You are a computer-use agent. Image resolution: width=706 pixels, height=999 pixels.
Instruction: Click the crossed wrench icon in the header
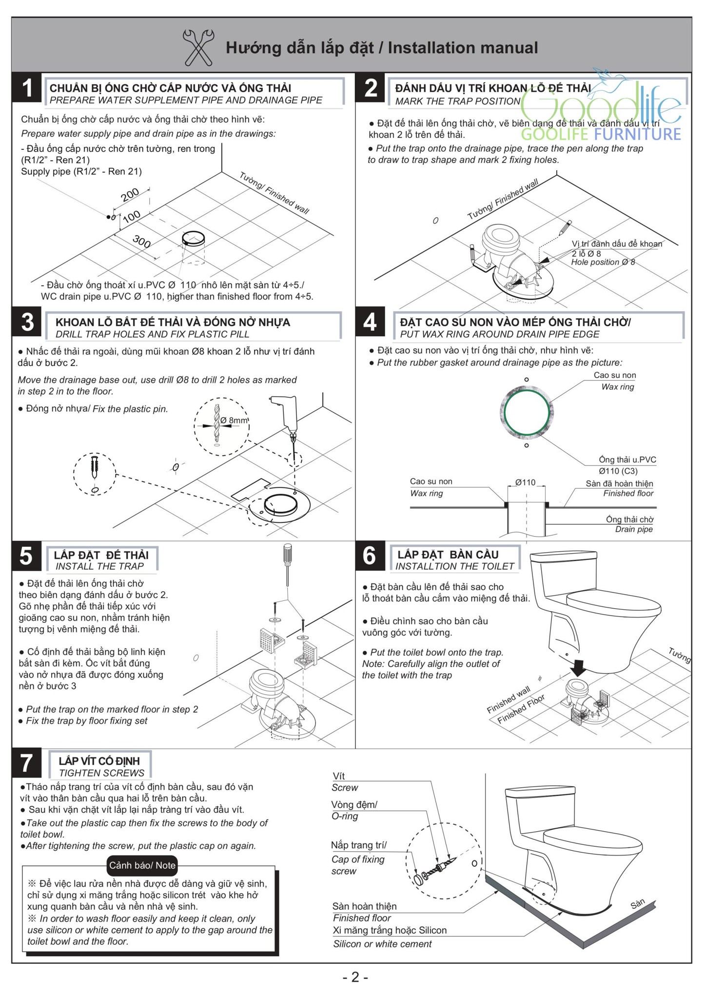tap(198, 47)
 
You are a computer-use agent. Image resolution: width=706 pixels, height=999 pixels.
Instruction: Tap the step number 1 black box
tap(27, 88)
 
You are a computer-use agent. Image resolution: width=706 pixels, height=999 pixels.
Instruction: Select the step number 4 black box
tap(370, 322)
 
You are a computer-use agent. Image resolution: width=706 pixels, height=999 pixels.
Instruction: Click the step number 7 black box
tap(27, 764)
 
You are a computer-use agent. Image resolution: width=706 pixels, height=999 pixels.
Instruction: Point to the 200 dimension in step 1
tap(130, 195)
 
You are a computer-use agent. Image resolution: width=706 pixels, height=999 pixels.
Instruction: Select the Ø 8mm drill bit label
tap(234, 420)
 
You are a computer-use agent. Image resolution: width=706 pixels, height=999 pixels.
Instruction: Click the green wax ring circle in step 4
tap(527, 412)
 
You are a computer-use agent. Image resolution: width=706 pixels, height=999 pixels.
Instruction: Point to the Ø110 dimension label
tap(525, 482)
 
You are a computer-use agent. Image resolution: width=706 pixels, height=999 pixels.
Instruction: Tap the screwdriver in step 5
tap(288, 565)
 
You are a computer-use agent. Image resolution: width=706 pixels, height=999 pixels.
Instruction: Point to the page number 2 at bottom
tap(355, 977)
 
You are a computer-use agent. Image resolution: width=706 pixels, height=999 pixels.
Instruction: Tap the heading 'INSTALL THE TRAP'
tap(100, 566)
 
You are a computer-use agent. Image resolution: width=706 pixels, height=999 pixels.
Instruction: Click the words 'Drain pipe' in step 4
tap(633, 529)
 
